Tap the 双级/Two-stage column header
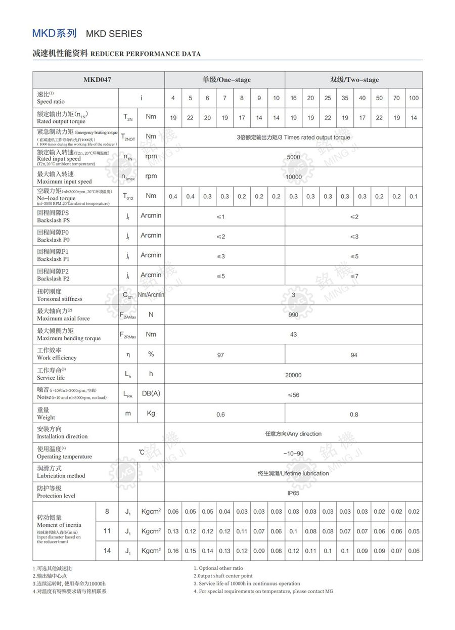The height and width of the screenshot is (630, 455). click(354, 80)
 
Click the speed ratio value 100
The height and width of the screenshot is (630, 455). click(414, 98)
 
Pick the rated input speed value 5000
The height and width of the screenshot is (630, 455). click(293, 157)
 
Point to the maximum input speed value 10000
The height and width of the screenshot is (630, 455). click(293, 177)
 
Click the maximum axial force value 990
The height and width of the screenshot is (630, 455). click(293, 315)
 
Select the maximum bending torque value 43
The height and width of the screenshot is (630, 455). click(293, 335)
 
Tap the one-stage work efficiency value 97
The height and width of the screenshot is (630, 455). click(220, 355)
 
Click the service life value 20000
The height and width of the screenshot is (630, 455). click(293, 375)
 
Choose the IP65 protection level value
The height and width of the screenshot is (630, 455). click(293, 493)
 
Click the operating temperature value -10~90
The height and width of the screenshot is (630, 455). click(293, 454)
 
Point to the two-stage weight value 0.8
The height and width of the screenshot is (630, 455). click(354, 415)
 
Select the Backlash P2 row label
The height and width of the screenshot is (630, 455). click(53, 275)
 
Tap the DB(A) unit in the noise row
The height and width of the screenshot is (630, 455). click(151, 393)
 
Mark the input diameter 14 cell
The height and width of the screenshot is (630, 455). click(107, 551)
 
